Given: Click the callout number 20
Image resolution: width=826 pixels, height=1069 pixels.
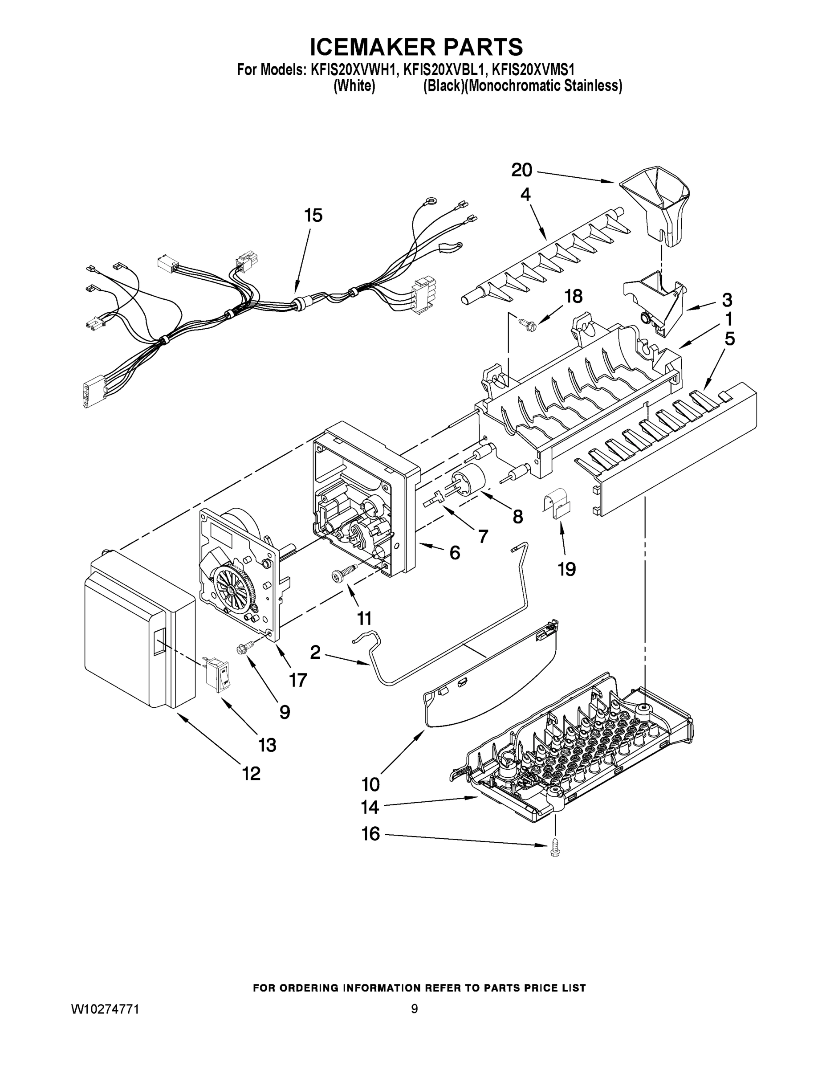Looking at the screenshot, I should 521,170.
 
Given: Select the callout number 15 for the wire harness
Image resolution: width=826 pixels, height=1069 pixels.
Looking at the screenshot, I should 313,216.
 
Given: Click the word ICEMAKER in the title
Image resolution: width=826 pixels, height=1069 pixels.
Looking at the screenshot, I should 366,48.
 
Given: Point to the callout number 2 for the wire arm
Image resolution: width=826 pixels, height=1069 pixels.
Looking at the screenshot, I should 316,652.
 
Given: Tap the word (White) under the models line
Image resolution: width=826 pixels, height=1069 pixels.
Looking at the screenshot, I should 354,86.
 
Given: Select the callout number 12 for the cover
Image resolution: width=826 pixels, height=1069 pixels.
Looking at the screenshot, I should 252,773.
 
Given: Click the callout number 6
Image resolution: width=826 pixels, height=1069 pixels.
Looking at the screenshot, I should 454,553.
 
